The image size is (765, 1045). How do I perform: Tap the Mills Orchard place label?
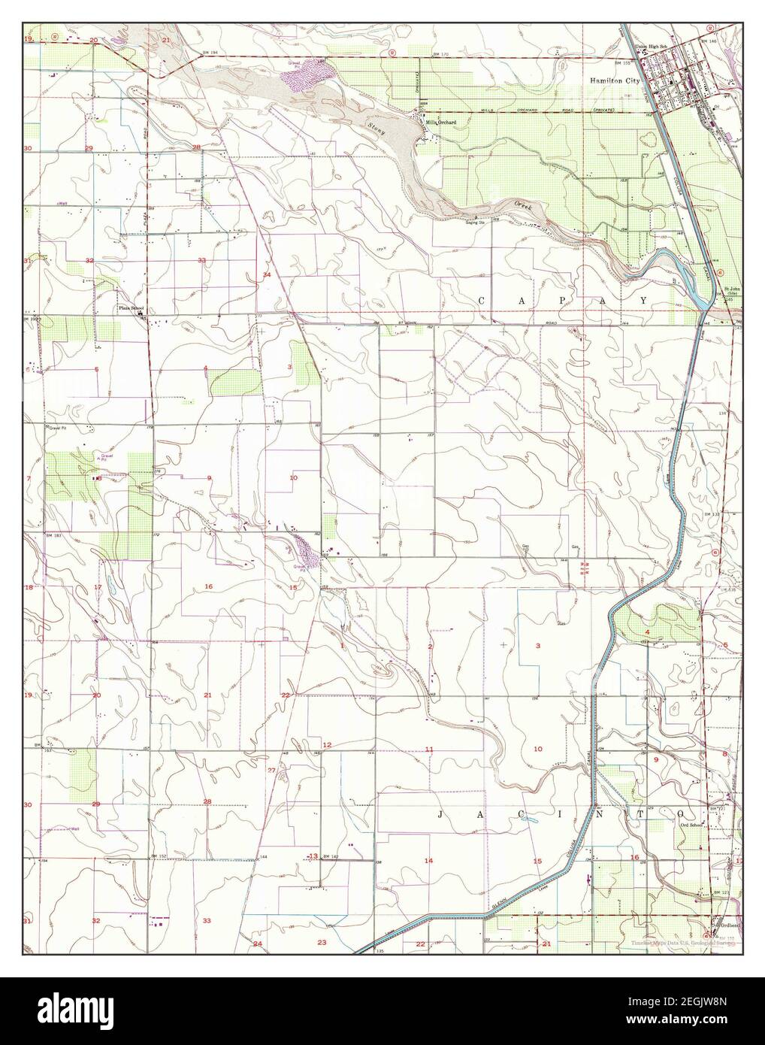pyautogui.click(x=441, y=123)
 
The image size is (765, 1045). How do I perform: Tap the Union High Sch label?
pyautogui.click(x=651, y=46)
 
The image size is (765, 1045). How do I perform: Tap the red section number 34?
pyautogui.click(x=267, y=275)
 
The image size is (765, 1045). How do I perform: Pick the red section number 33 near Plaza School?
pyautogui.click(x=201, y=260)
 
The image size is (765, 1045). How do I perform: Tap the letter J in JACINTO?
pyautogui.click(x=438, y=813)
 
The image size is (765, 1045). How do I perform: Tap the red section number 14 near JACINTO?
pyautogui.click(x=428, y=860)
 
